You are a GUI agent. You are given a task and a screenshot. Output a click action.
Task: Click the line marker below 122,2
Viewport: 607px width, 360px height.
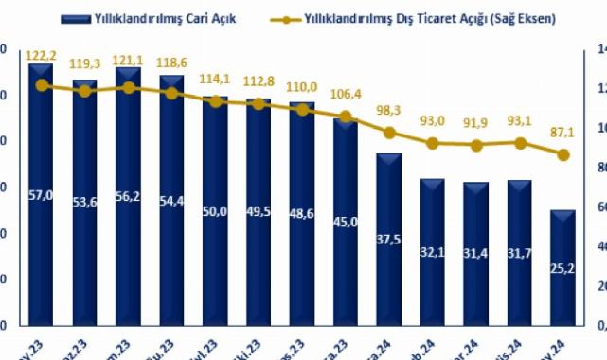41,85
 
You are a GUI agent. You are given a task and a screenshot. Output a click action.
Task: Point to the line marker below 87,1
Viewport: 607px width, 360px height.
562,154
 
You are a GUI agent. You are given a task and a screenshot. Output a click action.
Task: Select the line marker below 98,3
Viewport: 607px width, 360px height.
388,133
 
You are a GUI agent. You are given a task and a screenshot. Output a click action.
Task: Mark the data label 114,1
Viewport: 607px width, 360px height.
215,79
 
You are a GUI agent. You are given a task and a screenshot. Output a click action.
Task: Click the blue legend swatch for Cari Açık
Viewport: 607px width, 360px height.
72,18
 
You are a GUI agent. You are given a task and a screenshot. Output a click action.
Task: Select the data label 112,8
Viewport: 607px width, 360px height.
259,81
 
